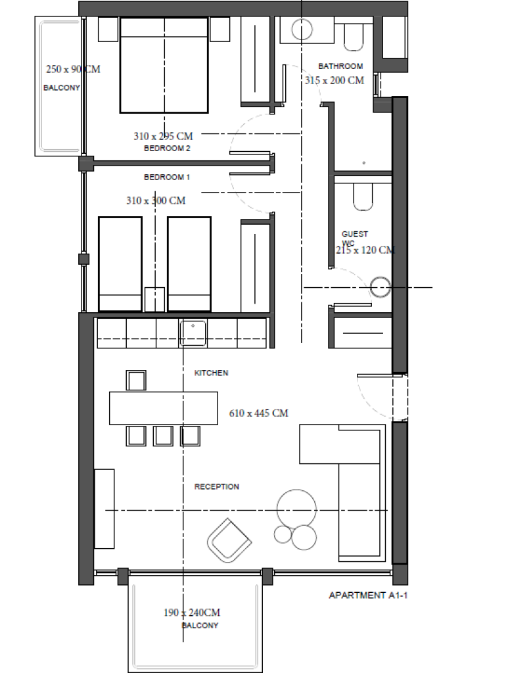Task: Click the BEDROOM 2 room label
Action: tap(167, 149)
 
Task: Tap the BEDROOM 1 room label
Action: tap(167, 177)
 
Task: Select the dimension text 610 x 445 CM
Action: tap(259, 413)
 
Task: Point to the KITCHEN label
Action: tap(211, 373)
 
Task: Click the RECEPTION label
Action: tap(217, 487)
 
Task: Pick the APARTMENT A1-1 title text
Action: tap(368, 595)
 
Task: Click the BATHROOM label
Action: tap(340, 66)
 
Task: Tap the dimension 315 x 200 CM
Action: tap(335, 80)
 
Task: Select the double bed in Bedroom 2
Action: tap(164, 65)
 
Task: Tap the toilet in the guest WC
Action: tap(363, 197)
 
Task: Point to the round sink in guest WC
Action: tap(381, 287)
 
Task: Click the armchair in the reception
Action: tap(229, 540)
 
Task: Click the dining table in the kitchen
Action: tap(164, 408)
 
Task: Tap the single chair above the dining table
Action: tap(136, 381)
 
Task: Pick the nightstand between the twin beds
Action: tap(154, 299)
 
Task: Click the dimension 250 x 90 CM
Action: tap(74, 69)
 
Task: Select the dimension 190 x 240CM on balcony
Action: tap(192, 613)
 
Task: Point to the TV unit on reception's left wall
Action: tap(104, 509)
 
